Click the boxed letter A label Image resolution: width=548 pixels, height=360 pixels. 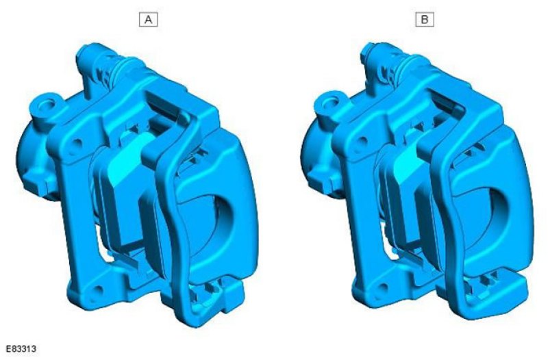pyautogui.click(x=148, y=20)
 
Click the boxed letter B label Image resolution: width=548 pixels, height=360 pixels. pyautogui.click(x=425, y=20)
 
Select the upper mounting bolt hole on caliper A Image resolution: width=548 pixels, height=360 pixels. pyautogui.click(x=77, y=143)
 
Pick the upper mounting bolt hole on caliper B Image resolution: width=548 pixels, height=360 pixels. pyautogui.click(x=362, y=141)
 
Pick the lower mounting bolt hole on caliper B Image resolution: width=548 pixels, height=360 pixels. pyautogui.click(x=384, y=288)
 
